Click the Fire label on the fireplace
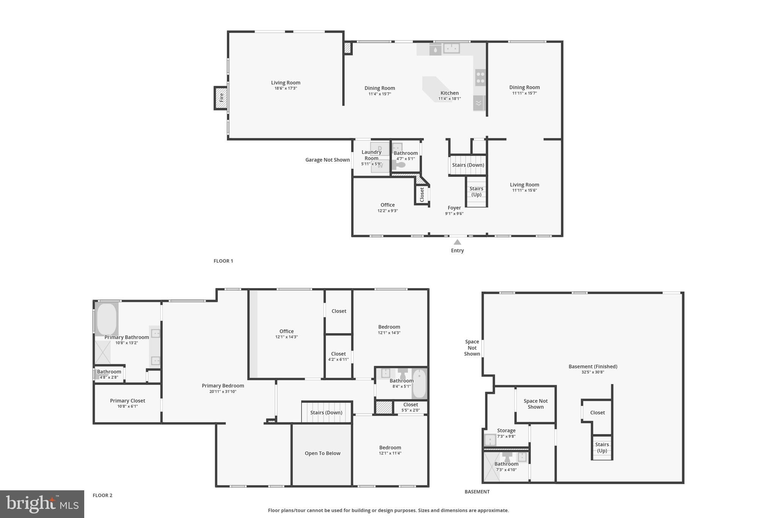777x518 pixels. [221, 98]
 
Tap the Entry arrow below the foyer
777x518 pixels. [458, 242]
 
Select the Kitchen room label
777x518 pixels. [450, 93]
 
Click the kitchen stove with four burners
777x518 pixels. [480, 77]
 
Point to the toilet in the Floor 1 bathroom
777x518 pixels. [400, 165]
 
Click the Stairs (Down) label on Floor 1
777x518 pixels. [468, 165]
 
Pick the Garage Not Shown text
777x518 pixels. [327, 160]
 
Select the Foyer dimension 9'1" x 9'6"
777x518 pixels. [454, 214]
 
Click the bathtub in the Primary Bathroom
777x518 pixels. [107, 319]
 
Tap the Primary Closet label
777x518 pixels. [127, 401]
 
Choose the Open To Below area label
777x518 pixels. [322, 453]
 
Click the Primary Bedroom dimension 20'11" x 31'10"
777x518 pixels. [223, 392]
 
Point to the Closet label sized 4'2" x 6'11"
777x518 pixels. [338, 354]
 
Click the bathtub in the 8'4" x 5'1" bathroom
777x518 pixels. [419, 384]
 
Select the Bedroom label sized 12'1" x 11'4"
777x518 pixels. [390, 447]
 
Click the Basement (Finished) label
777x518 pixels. [593, 367]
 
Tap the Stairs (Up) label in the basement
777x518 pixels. [602, 447]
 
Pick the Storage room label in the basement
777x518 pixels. [506, 431]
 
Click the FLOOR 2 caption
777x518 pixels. [102, 495]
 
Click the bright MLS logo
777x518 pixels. [42, 504]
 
